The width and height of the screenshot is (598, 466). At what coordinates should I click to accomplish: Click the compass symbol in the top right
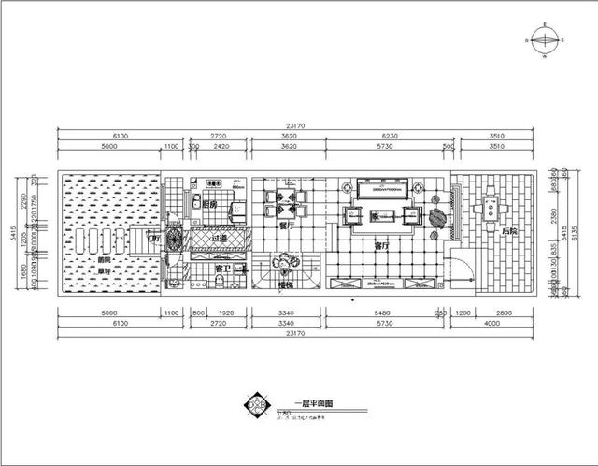pyautogui.click(x=544, y=41)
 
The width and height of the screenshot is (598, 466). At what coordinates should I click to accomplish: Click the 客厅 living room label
pyautogui.click(x=381, y=247)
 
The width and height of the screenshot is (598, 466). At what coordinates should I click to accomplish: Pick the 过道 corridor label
pyautogui.click(x=219, y=240)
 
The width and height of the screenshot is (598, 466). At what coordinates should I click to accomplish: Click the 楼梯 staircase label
pyautogui.click(x=287, y=284)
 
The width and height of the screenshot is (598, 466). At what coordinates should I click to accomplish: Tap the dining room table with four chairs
pyautogui.click(x=281, y=199)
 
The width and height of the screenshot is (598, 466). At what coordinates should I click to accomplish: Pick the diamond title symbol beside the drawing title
pyautogui.click(x=257, y=405)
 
